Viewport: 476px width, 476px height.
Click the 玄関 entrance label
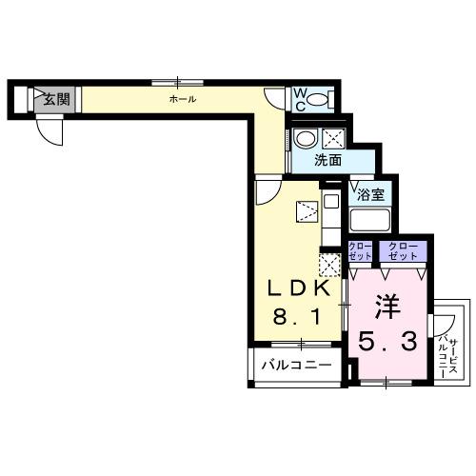(x=56, y=98)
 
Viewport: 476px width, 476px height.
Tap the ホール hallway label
(x=183, y=98)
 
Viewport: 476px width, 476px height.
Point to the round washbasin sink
(x=306, y=139)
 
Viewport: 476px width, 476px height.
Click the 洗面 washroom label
(x=328, y=161)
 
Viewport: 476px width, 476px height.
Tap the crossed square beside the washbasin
(x=334, y=138)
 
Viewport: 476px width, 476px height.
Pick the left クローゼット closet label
(x=360, y=251)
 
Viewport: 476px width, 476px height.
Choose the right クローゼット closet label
(x=401, y=251)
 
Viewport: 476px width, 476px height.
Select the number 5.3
(x=387, y=339)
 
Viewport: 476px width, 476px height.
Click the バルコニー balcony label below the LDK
(x=297, y=366)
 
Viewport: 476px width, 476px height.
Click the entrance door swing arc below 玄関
(x=53, y=131)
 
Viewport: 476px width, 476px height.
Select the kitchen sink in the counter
(x=329, y=202)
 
